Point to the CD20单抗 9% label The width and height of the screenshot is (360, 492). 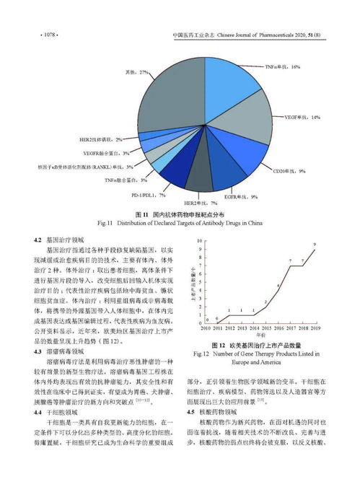[x=288, y=171]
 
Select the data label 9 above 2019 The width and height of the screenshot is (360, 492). [x=314, y=246]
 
